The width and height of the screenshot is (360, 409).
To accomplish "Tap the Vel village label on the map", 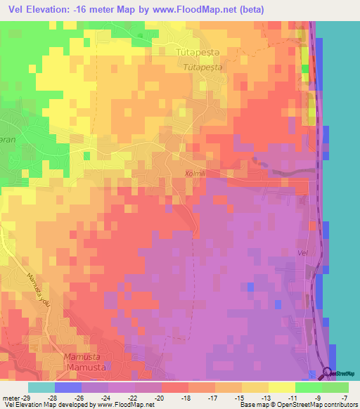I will click(x=304, y=252).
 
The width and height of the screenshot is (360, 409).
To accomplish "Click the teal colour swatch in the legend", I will click(x=41, y=387).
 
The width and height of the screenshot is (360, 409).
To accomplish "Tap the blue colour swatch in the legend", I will click(x=67, y=387).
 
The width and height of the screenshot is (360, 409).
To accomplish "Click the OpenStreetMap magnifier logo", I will click(x=328, y=374).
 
